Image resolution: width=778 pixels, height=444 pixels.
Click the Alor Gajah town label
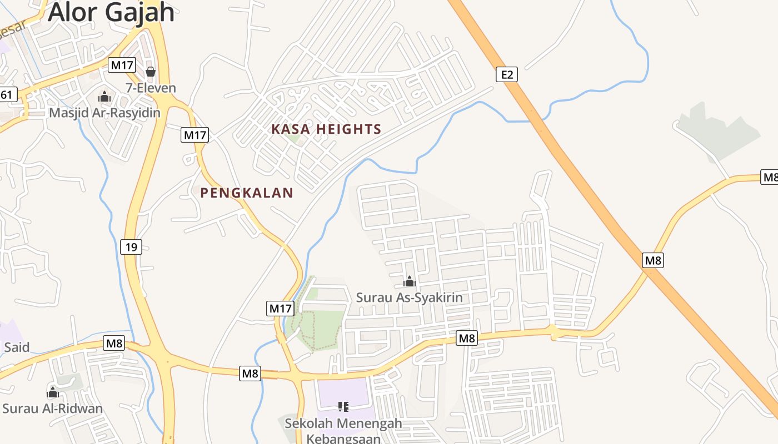pos(111,12)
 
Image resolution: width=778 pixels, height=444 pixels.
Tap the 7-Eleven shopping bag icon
pos(150,72)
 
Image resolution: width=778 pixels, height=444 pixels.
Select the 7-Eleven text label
pos(151,88)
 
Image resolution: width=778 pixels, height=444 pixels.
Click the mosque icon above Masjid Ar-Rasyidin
pos(104,97)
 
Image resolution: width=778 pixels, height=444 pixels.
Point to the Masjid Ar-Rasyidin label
pos(104,113)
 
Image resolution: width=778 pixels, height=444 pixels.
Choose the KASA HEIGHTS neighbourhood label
pos(326,129)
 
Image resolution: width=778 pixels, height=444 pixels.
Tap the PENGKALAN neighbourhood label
pos(247,193)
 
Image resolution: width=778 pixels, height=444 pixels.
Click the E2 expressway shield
pos(506,74)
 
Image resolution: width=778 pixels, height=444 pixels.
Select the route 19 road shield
pos(131,246)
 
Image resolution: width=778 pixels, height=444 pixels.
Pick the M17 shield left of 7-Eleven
pos(122,65)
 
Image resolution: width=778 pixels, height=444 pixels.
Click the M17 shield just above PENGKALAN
pos(194,134)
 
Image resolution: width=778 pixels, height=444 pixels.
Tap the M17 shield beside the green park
pos(280,309)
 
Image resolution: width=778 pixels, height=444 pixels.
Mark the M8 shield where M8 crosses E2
pos(653,260)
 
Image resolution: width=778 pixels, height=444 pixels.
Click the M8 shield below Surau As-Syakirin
pos(467,337)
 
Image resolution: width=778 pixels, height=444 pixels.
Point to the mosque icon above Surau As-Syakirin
pos(410,281)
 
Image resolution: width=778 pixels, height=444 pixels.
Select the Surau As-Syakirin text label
pos(409,297)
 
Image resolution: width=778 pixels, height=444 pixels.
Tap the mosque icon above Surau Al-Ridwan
pos(53,393)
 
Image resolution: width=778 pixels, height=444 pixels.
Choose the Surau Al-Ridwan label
pos(53,409)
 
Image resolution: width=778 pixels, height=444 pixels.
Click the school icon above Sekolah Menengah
pos(343,407)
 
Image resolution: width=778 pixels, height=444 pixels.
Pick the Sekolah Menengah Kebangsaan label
pos(343,431)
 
